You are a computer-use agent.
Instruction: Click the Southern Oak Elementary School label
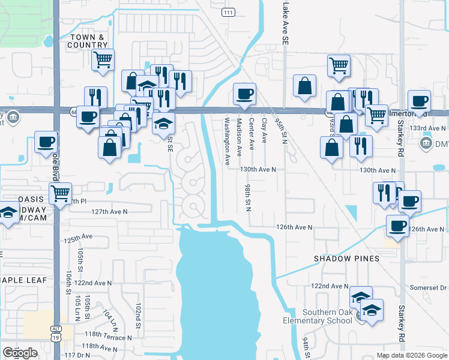(327, 316)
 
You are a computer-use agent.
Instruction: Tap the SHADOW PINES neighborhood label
(347, 259)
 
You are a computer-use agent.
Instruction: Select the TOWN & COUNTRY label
(88, 41)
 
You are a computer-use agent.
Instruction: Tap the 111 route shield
(228, 13)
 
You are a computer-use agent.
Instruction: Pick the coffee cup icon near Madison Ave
(244, 94)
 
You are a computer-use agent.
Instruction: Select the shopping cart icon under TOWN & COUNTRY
(103, 60)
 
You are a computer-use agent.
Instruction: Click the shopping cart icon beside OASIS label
(60, 194)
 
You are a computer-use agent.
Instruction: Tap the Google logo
(20, 353)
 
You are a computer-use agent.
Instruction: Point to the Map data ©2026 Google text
(412, 355)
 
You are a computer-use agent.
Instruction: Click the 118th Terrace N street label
(108, 337)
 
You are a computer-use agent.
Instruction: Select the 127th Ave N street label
(110, 212)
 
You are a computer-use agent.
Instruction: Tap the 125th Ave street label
(79, 238)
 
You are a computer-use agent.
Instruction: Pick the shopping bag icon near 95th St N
(304, 86)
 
